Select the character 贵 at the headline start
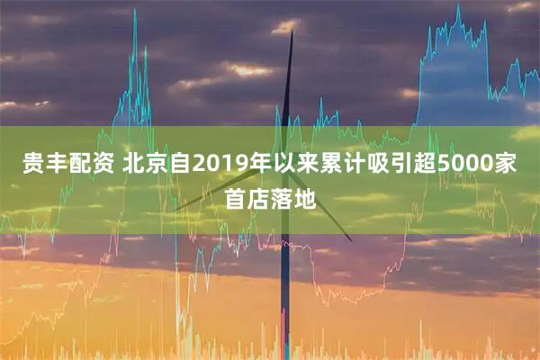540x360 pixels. coord(31,166)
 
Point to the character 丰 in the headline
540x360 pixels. coord(55,166)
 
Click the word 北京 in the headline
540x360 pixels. coord(143,166)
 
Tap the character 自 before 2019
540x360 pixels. coord(177,166)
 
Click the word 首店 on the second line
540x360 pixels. coord(247,198)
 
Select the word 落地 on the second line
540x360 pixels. coord(293,198)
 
